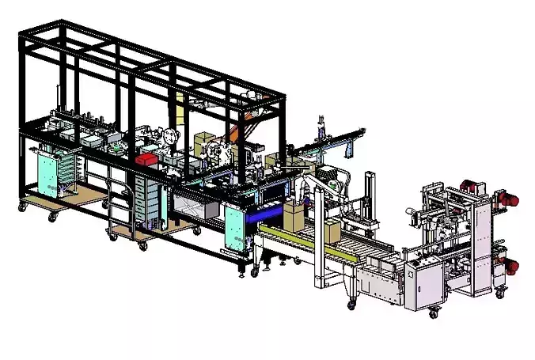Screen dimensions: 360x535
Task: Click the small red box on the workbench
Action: click(145, 159)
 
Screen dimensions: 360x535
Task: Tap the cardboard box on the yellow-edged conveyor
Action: click(294, 218)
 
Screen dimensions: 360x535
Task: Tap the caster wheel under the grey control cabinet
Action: click(433, 314)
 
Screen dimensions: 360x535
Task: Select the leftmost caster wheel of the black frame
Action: click(22, 207)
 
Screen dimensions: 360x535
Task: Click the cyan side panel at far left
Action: click(47, 176)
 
